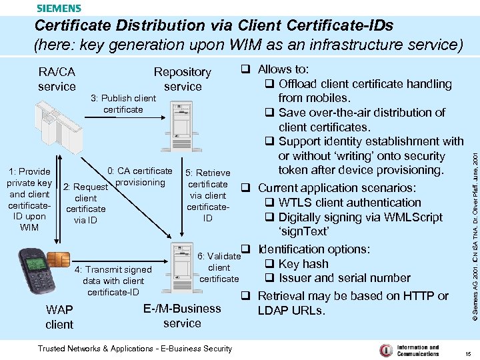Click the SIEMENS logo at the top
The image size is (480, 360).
click(59, 8)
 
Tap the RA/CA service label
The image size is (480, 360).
click(57, 79)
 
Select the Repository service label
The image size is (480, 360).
click(182, 79)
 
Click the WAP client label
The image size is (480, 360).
click(59, 317)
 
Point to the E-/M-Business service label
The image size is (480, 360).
click(182, 315)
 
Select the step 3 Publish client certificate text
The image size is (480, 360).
click(123, 103)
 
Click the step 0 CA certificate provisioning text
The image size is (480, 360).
click(139, 177)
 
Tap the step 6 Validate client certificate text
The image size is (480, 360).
click(219, 267)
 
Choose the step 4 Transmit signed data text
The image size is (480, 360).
click(113, 281)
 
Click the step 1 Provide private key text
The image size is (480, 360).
click(29, 199)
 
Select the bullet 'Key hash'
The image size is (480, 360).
click(303, 263)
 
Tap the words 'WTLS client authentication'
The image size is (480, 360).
click(349, 202)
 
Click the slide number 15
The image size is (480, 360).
click(468, 353)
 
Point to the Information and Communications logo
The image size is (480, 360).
click(409, 350)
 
